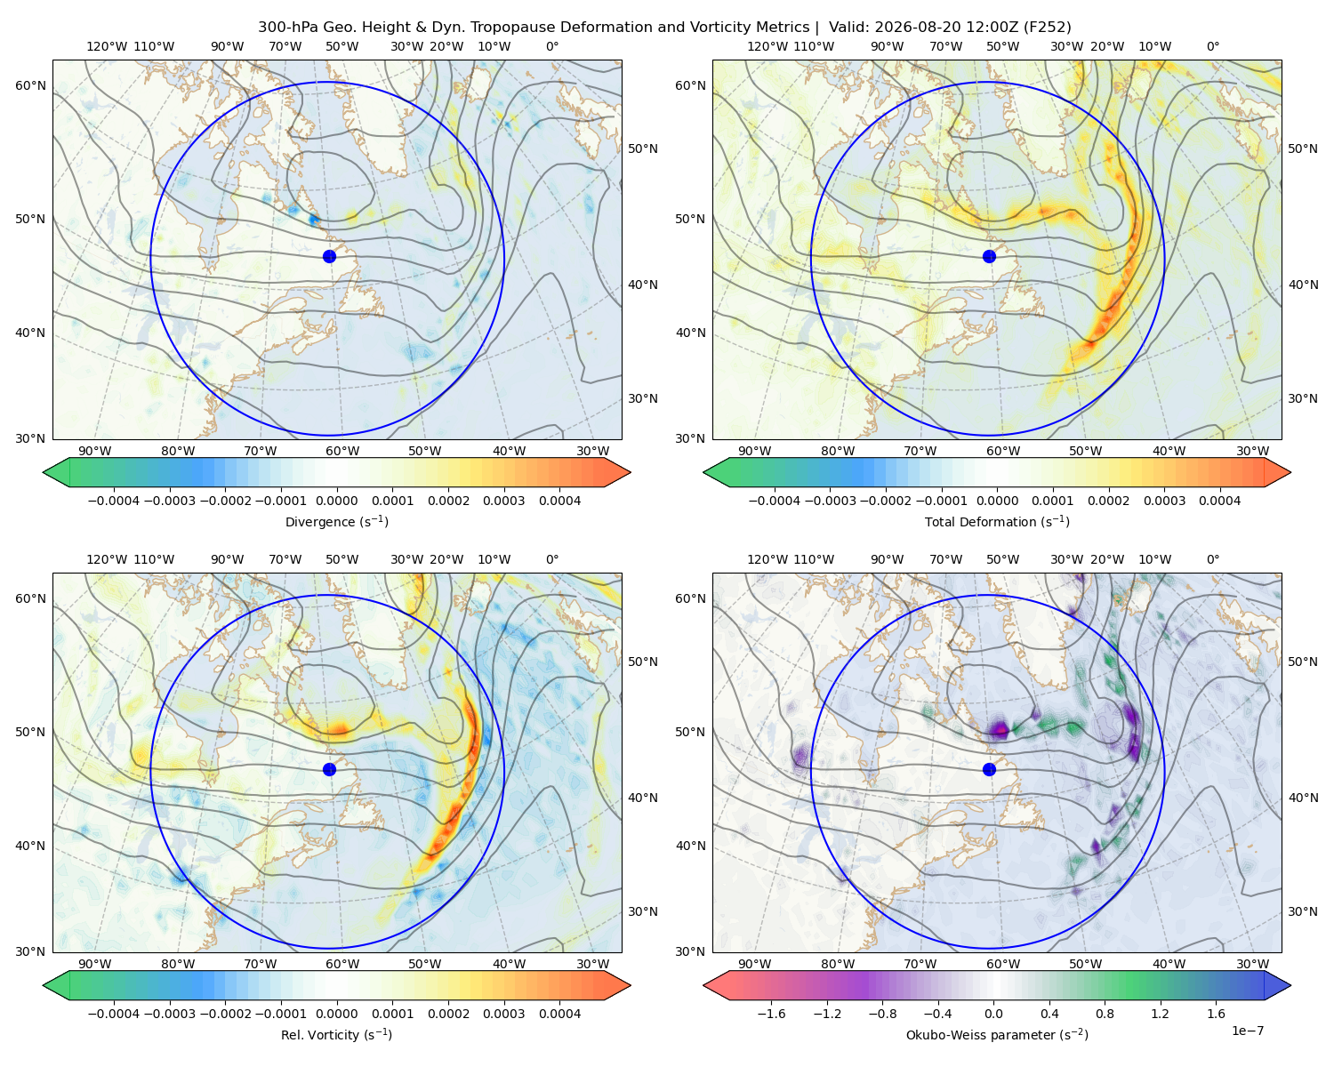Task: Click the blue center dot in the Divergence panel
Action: click(329, 257)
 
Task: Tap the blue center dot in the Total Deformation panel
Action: click(989, 257)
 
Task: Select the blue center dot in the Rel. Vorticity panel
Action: click(329, 769)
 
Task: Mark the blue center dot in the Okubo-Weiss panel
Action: click(989, 769)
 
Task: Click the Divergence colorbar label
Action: click(336, 522)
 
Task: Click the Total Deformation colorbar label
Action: click(997, 522)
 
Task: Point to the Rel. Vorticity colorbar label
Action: click(336, 1035)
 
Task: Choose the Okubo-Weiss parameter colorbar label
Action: click(997, 1035)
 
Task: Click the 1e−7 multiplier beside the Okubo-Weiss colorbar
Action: click(1247, 1031)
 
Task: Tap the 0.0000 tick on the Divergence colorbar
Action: click(336, 501)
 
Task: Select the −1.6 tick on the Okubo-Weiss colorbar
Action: click(771, 1014)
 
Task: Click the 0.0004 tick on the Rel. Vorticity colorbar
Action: click(559, 1014)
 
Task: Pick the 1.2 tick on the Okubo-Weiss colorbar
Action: click(1160, 1014)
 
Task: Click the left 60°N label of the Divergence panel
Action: click(30, 85)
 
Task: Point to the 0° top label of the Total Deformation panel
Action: click(1212, 46)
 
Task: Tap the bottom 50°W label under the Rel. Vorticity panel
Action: click(424, 964)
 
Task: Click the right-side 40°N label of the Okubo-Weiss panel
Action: click(1302, 798)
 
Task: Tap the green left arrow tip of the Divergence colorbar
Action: click(44, 472)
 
